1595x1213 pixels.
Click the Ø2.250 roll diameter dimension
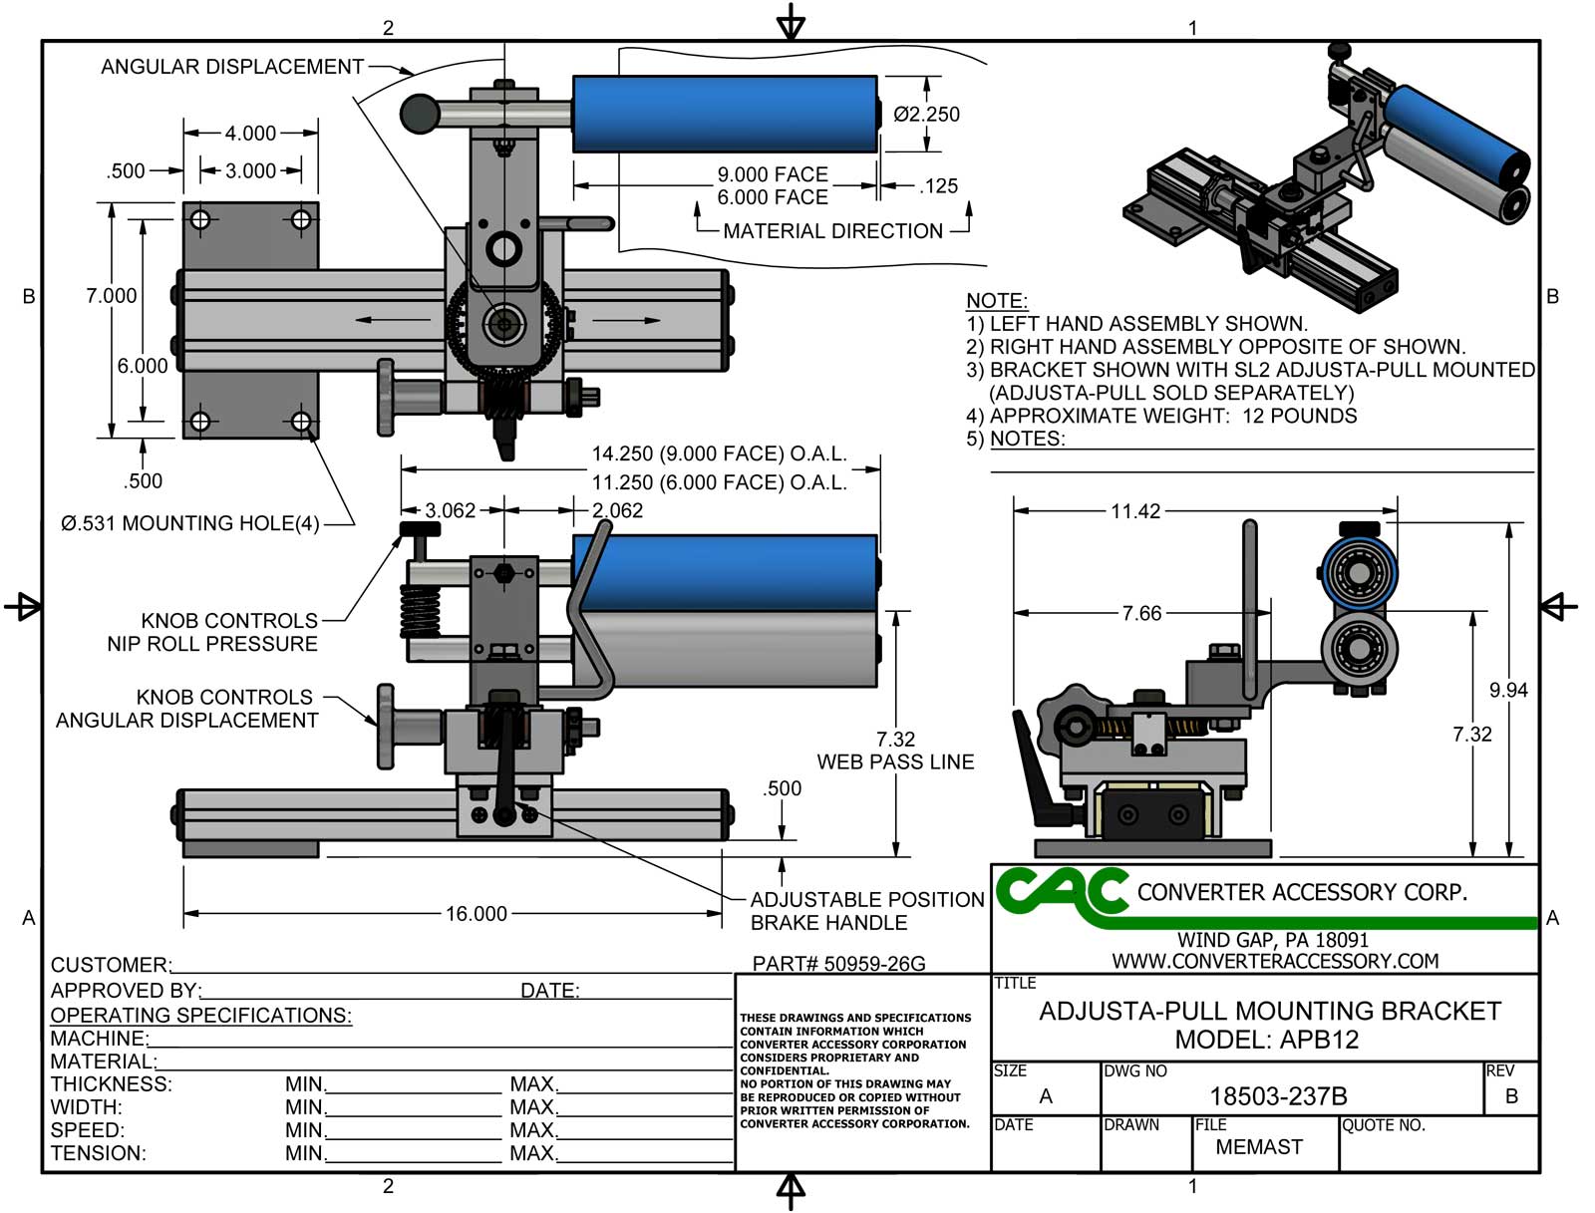click(926, 115)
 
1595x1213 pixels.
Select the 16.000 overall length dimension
click(476, 914)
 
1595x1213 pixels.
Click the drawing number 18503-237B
click(1278, 1096)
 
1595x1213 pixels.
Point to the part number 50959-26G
click(838, 964)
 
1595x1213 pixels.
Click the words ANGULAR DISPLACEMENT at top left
click(232, 67)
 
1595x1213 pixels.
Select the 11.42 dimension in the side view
click(1135, 511)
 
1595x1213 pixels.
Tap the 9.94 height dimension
click(1507, 690)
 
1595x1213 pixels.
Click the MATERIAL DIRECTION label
click(832, 231)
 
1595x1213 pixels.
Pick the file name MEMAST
click(1259, 1147)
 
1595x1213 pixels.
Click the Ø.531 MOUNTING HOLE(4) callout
click(190, 523)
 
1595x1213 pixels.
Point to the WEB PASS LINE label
click(895, 761)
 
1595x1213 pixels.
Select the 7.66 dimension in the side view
click(1141, 613)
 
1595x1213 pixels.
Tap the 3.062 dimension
click(451, 510)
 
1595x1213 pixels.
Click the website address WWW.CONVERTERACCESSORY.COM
click(1275, 961)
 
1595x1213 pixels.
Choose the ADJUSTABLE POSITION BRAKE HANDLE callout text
click(866, 911)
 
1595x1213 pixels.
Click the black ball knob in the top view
click(420, 113)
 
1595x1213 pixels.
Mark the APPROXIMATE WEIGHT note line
click(1161, 416)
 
